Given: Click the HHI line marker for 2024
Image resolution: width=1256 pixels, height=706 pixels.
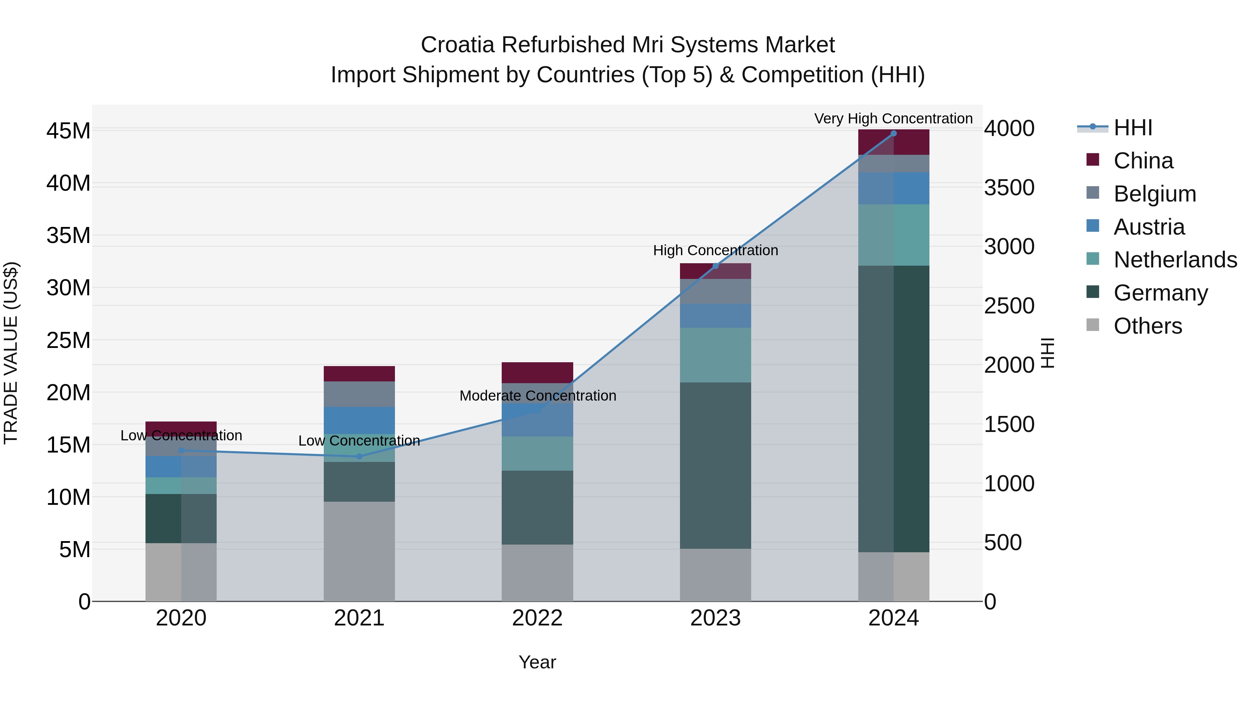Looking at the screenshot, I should pyautogui.click(x=893, y=133).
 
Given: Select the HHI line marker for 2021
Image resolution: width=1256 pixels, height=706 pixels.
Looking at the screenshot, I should pyautogui.click(x=359, y=456).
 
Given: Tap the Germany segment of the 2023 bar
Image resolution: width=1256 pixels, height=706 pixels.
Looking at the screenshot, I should pyautogui.click(x=715, y=465).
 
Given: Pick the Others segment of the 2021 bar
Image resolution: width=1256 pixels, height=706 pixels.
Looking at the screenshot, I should pyautogui.click(x=359, y=551).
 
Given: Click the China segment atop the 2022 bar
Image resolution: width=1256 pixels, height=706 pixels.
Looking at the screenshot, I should pyautogui.click(x=537, y=372).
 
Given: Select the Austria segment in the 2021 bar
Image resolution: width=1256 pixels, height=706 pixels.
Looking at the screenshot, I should pyautogui.click(x=359, y=420).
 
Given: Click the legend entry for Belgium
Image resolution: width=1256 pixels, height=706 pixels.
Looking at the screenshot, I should pyautogui.click(x=1154, y=193).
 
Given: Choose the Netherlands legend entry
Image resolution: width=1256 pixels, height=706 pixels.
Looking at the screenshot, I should pyautogui.click(x=1175, y=260).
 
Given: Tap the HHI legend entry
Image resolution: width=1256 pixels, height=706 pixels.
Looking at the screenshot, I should pyautogui.click(x=1132, y=128).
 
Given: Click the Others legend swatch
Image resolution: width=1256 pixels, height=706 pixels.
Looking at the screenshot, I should pyautogui.click(x=1093, y=325).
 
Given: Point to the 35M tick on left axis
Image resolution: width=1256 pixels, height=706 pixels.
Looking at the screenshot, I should pyautogui.click(x=68, y=235).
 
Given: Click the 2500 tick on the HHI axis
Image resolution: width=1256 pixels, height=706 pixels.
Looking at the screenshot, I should pyautogui.click(x=1009, y=306).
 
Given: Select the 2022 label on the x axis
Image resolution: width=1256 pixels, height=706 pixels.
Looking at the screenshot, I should pyautogui.click(x=537, y=618).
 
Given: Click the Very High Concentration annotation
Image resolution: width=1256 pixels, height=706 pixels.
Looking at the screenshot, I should pyautogui.click(x=893, y=119).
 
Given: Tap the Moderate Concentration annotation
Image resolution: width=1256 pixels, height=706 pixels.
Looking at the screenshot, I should pyautogui.click(x=538, y=396).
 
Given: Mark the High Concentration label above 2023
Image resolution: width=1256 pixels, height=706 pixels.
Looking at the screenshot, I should pyautogui.click(x=715, y=250).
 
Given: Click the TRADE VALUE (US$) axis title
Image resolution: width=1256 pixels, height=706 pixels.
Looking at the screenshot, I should pyautogui.click(x=11, y=353).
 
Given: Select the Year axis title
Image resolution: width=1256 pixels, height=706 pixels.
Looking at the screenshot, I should pyautogui.click(x=537, y=662).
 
